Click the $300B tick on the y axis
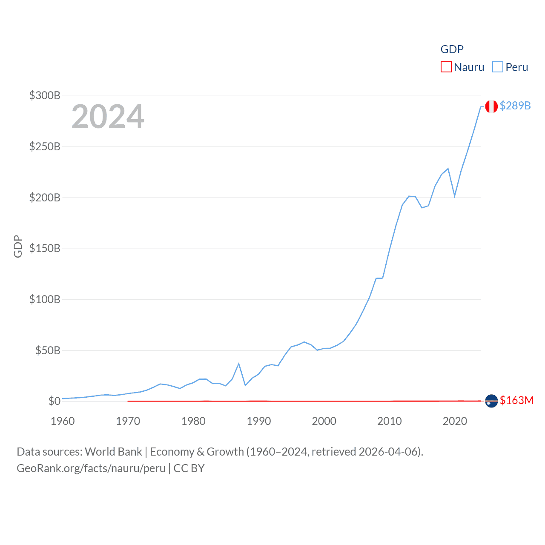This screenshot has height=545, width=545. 45,95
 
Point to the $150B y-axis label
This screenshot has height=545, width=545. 45,248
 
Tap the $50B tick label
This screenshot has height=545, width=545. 47,350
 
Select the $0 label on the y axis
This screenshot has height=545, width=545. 54,401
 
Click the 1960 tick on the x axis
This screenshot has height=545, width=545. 63,421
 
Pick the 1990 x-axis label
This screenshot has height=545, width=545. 259,421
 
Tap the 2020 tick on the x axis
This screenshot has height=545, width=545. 455,421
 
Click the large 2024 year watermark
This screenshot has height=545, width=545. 108,117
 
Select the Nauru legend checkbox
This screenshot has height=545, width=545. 446,67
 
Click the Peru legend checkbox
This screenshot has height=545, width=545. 497,67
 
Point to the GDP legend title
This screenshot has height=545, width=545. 452,49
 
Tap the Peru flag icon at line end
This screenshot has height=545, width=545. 491,106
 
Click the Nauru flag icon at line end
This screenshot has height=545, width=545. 491,401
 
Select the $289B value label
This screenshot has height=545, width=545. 515,106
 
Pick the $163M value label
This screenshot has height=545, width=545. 516,400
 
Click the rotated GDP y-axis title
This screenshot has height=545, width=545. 18,246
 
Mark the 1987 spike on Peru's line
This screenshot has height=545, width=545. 239,363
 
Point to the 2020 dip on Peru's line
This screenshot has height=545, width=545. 455,196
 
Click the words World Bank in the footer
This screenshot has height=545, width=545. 113,452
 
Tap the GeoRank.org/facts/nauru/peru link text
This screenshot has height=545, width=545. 91,468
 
